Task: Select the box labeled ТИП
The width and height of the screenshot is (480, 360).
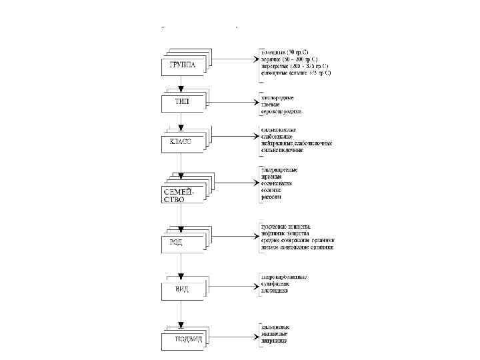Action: (182, 102)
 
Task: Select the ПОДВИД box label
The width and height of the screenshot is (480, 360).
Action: (188, 339)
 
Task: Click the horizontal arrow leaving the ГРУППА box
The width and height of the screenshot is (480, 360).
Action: (233, 59)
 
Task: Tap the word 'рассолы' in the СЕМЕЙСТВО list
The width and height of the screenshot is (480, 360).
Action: (271, 197)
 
